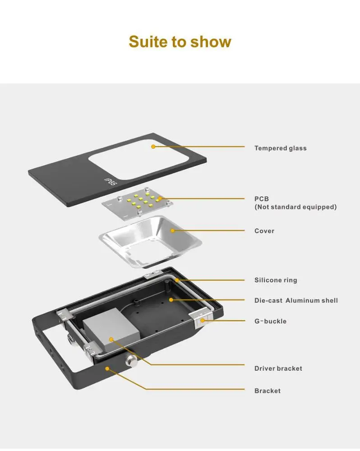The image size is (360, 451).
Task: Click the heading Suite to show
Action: [180, 41]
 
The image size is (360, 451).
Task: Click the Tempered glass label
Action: [280, 148]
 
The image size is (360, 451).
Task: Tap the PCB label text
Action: [262, 198]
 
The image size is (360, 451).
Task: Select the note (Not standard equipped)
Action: [295, 207]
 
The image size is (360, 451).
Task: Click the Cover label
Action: [264, 231]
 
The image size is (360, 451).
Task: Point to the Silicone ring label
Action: [276, 280]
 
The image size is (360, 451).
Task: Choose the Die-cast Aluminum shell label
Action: [296, 300]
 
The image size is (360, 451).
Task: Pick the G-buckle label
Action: [270, 321]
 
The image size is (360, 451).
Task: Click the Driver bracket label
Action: [278, 368]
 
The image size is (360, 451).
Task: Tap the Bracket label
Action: [268, 391]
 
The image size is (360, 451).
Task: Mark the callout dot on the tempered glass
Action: [153, 147]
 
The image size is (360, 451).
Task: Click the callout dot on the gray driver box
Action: [111, 339]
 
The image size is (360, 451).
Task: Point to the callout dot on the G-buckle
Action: [203, 320]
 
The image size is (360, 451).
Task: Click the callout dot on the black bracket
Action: [107, 368]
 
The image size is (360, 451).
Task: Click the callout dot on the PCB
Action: [159, 198]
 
